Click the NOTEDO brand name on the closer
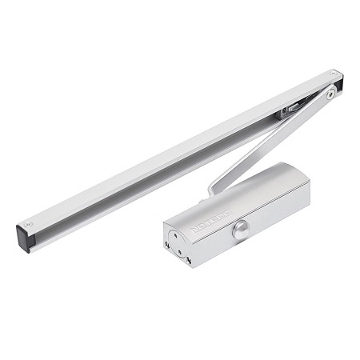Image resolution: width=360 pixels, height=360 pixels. [x=210, y=223]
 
